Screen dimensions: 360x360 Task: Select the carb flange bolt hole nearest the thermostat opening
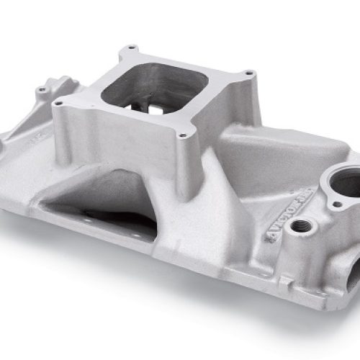click(249, 73)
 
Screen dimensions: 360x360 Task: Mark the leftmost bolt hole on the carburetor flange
click(62, 102)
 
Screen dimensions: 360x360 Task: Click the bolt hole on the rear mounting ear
click(42, 89)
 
